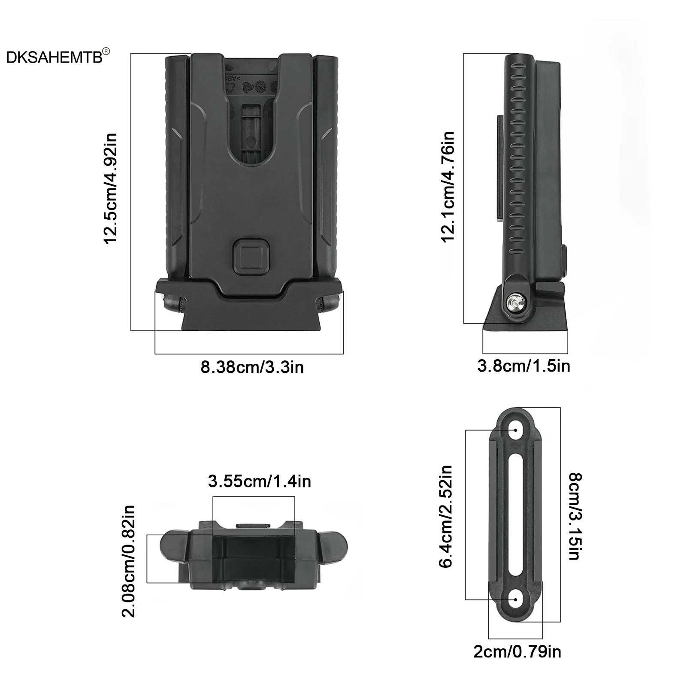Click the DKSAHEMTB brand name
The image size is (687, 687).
54,58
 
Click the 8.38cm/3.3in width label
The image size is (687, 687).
252,367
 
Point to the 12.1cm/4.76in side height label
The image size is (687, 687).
448,187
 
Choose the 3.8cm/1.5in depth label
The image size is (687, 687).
524,366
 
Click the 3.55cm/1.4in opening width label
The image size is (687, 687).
259,481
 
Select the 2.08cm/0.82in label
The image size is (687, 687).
129,561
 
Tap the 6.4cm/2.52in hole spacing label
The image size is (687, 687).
446,517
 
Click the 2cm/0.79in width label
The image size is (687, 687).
517,652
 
